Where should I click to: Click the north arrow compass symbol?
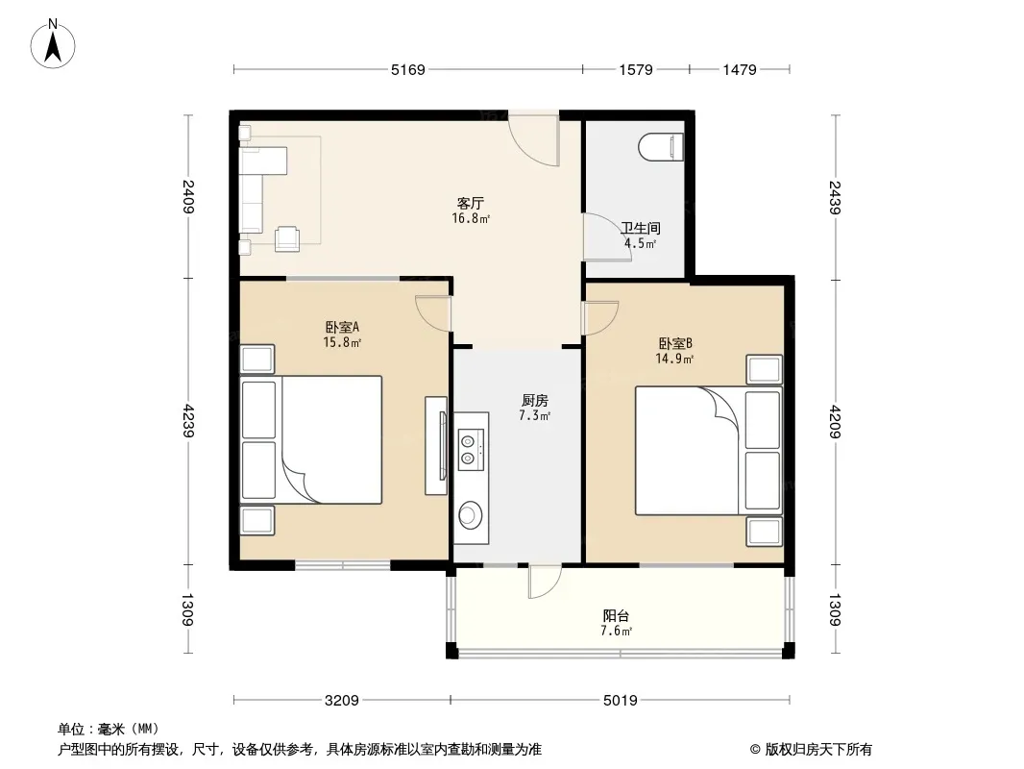tap(53, 44)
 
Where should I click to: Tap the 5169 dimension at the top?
tap(408, 69)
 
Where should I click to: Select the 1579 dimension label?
tap(636, 69)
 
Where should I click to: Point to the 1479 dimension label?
tap(740, 69)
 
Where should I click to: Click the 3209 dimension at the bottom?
tap(342, 701)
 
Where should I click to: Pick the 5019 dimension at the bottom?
tap(621, 701)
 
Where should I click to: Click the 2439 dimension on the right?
tap(835, 197)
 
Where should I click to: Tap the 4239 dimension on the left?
tap(188, 421)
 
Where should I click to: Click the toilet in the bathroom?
tap(661, 147)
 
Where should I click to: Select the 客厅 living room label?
tap(470, 203)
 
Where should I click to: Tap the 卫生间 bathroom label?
tap(641, 228)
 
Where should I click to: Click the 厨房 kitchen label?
tap(535, 401)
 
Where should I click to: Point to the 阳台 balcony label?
tap(616, 615)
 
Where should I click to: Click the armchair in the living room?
tap(287, 239)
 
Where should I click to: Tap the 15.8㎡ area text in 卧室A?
tap(342, 342)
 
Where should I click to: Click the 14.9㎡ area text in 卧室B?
tap(674, 359)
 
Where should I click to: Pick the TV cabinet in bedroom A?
tap(436, 446)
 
